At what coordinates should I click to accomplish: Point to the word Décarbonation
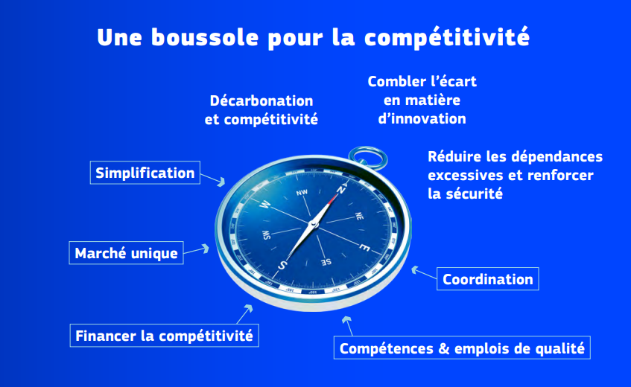[261, 100]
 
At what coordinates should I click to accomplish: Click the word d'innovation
[422, 118]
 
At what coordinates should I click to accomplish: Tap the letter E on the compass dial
[364, 248]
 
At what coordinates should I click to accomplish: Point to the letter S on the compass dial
[283, 265]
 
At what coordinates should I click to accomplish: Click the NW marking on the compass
[302, 193]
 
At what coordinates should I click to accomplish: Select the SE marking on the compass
[326, 262]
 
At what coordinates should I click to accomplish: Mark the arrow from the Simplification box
[213, 179]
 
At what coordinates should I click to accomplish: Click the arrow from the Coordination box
[424, 272]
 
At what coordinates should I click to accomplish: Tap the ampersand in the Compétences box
[444, 348]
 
